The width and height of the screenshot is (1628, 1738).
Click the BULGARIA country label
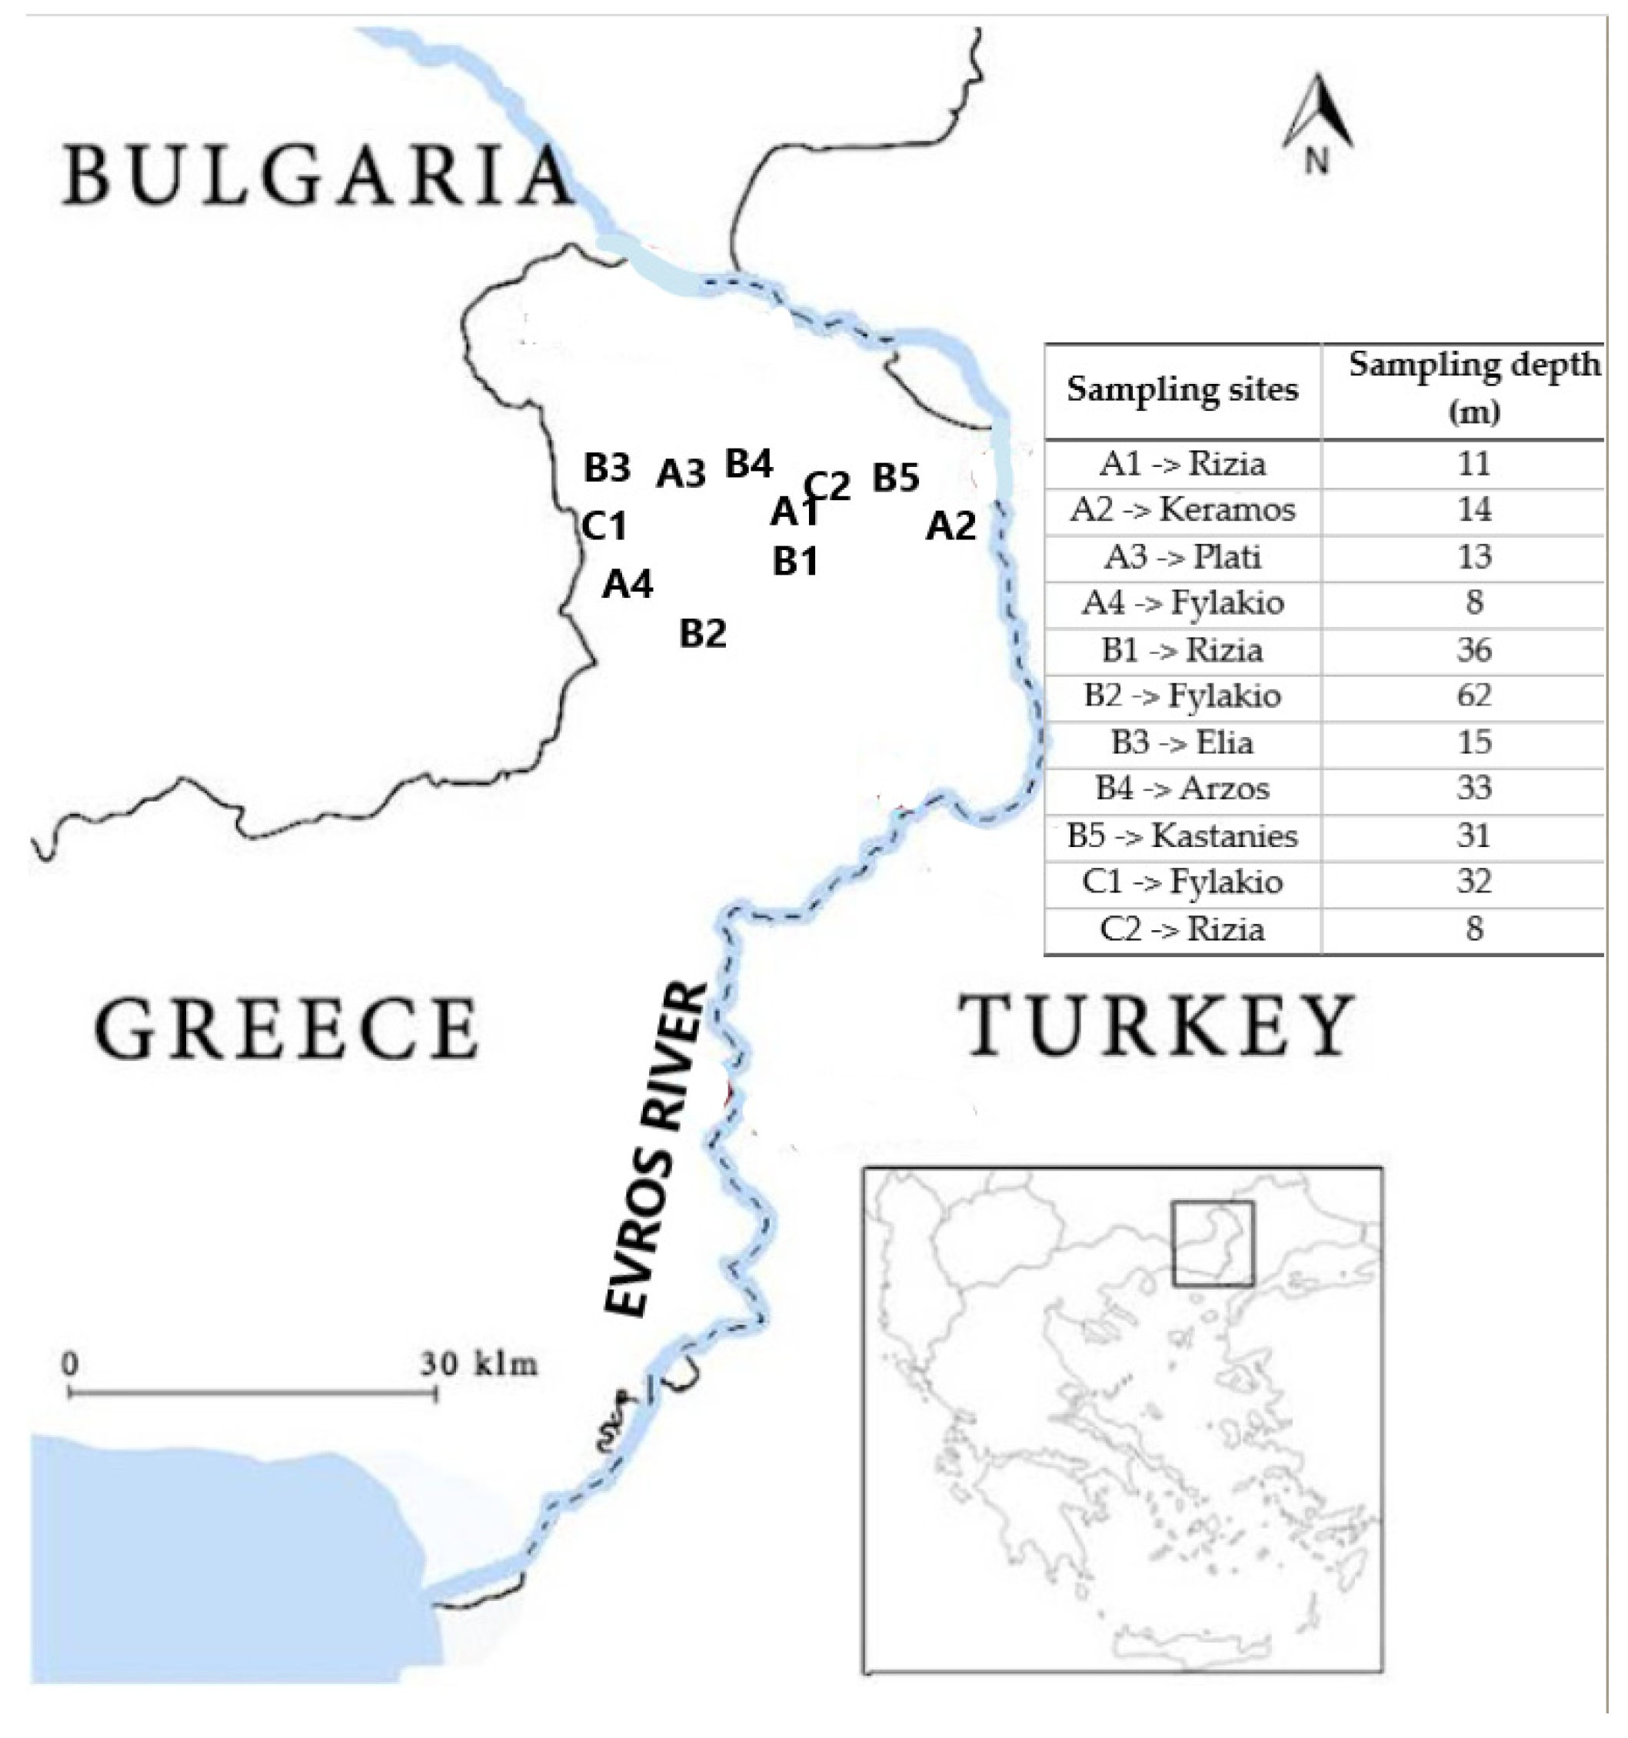316,177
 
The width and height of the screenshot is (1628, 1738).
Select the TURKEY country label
1158,1025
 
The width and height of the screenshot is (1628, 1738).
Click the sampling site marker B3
608,468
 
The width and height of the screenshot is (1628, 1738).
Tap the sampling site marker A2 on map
950,526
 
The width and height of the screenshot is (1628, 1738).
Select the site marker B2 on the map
704,633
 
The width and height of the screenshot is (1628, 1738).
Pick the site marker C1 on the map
604,526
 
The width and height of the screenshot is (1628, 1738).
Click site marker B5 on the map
897,477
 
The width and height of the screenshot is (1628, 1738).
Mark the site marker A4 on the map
628,583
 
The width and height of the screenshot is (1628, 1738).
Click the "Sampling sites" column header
1182,389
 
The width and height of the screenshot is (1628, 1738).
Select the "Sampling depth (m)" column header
1473,386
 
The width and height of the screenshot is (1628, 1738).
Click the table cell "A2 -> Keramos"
1182,509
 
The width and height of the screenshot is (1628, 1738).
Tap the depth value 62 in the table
1473,696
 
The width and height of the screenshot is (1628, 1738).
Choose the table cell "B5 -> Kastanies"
1182,836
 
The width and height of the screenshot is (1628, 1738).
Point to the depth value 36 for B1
1473,649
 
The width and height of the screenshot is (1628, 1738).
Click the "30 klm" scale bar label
479,1365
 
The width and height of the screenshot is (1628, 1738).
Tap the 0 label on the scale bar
70,1365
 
